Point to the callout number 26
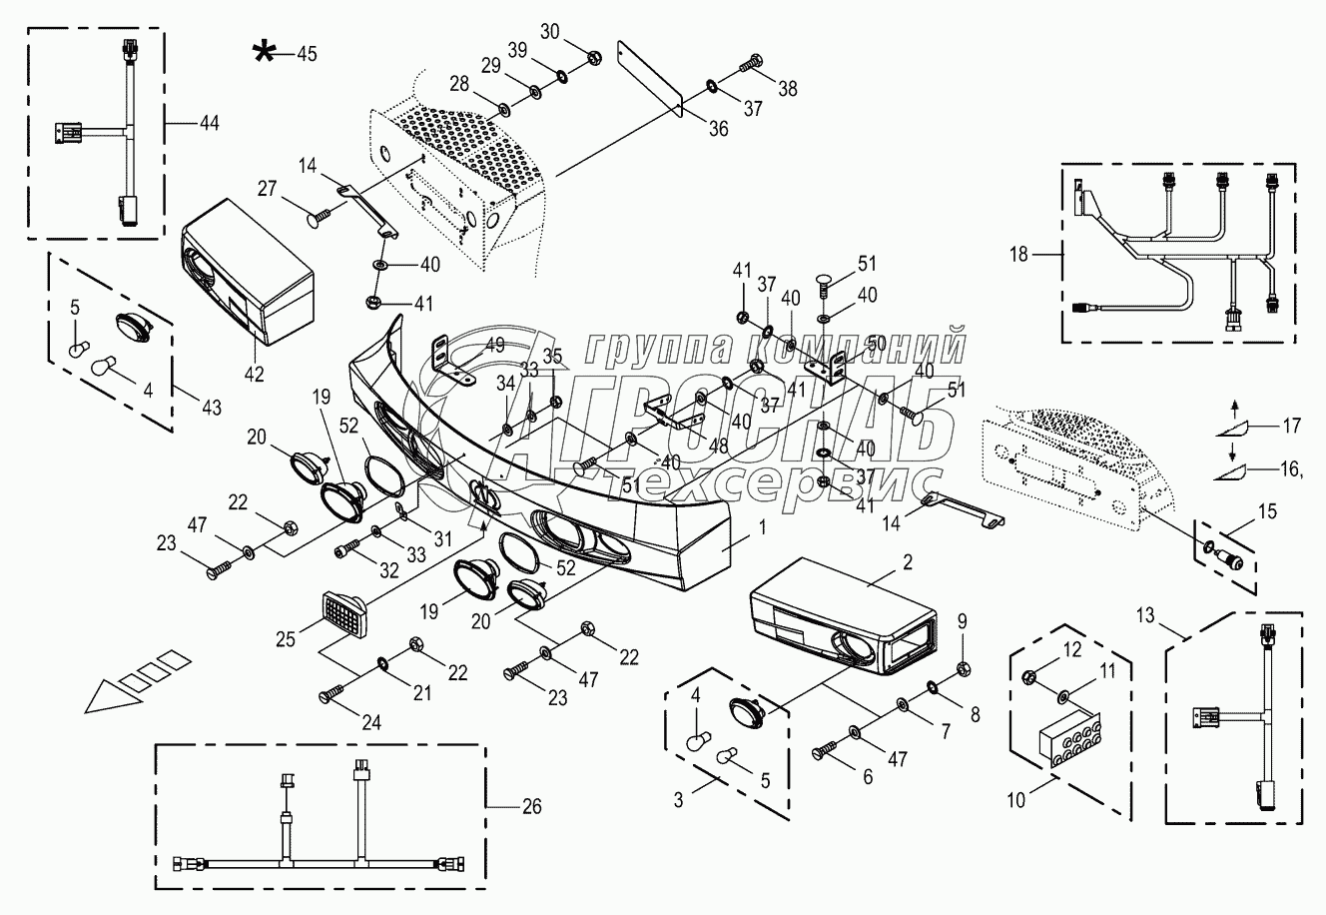(530, 806)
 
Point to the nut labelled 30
(593, 57)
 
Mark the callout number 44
(208, 122)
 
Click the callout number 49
(495, 346)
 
